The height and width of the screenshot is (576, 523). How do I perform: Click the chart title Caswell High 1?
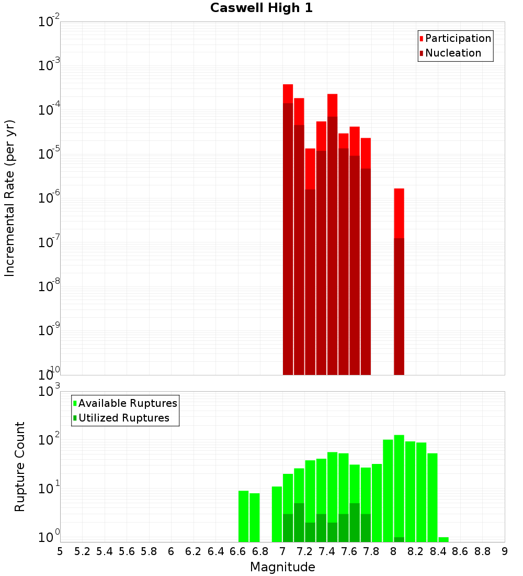(x=261, y=8)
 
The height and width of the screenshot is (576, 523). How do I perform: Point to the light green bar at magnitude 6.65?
(x=243, y=516)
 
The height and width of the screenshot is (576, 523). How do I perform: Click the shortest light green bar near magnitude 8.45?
(x=444, y=539)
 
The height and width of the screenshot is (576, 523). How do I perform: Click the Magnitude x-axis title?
(x=282, y=567)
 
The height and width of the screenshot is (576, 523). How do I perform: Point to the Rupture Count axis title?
(x=20, y=467)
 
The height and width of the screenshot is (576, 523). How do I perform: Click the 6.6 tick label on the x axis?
(x=238, y=551)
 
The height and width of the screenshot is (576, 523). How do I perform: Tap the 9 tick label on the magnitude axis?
(x=505, y=551)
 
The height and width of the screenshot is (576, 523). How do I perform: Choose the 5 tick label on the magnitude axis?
(x=60, y=551)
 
